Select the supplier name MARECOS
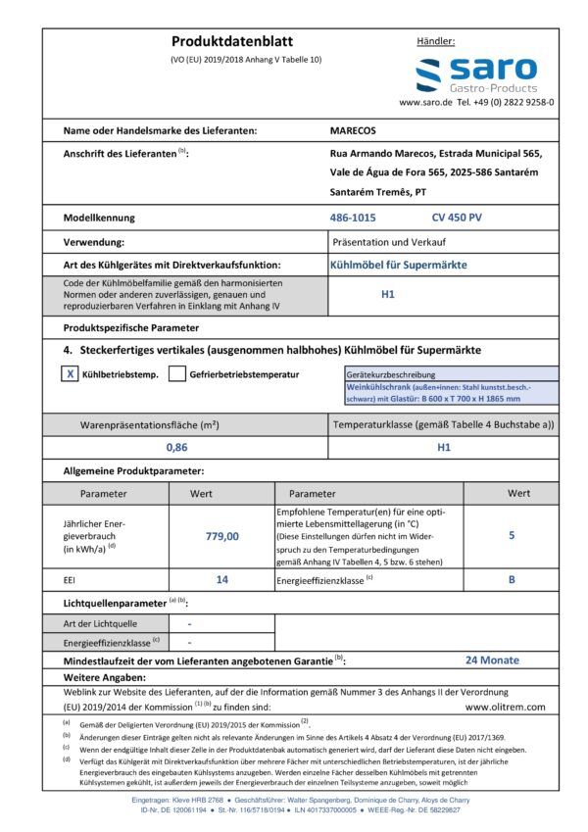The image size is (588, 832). [353, 129]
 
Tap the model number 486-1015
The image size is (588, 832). [353, 217]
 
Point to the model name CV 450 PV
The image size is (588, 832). [458, 217]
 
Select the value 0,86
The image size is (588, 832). [176, 447]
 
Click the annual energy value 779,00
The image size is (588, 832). [221, 536]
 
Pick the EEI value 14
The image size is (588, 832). [221, 580]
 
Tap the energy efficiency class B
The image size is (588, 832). [512, 580]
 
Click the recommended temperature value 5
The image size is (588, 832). [512, 536]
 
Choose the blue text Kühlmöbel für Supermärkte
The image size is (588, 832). [398, 265]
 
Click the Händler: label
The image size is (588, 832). [436, 42]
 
